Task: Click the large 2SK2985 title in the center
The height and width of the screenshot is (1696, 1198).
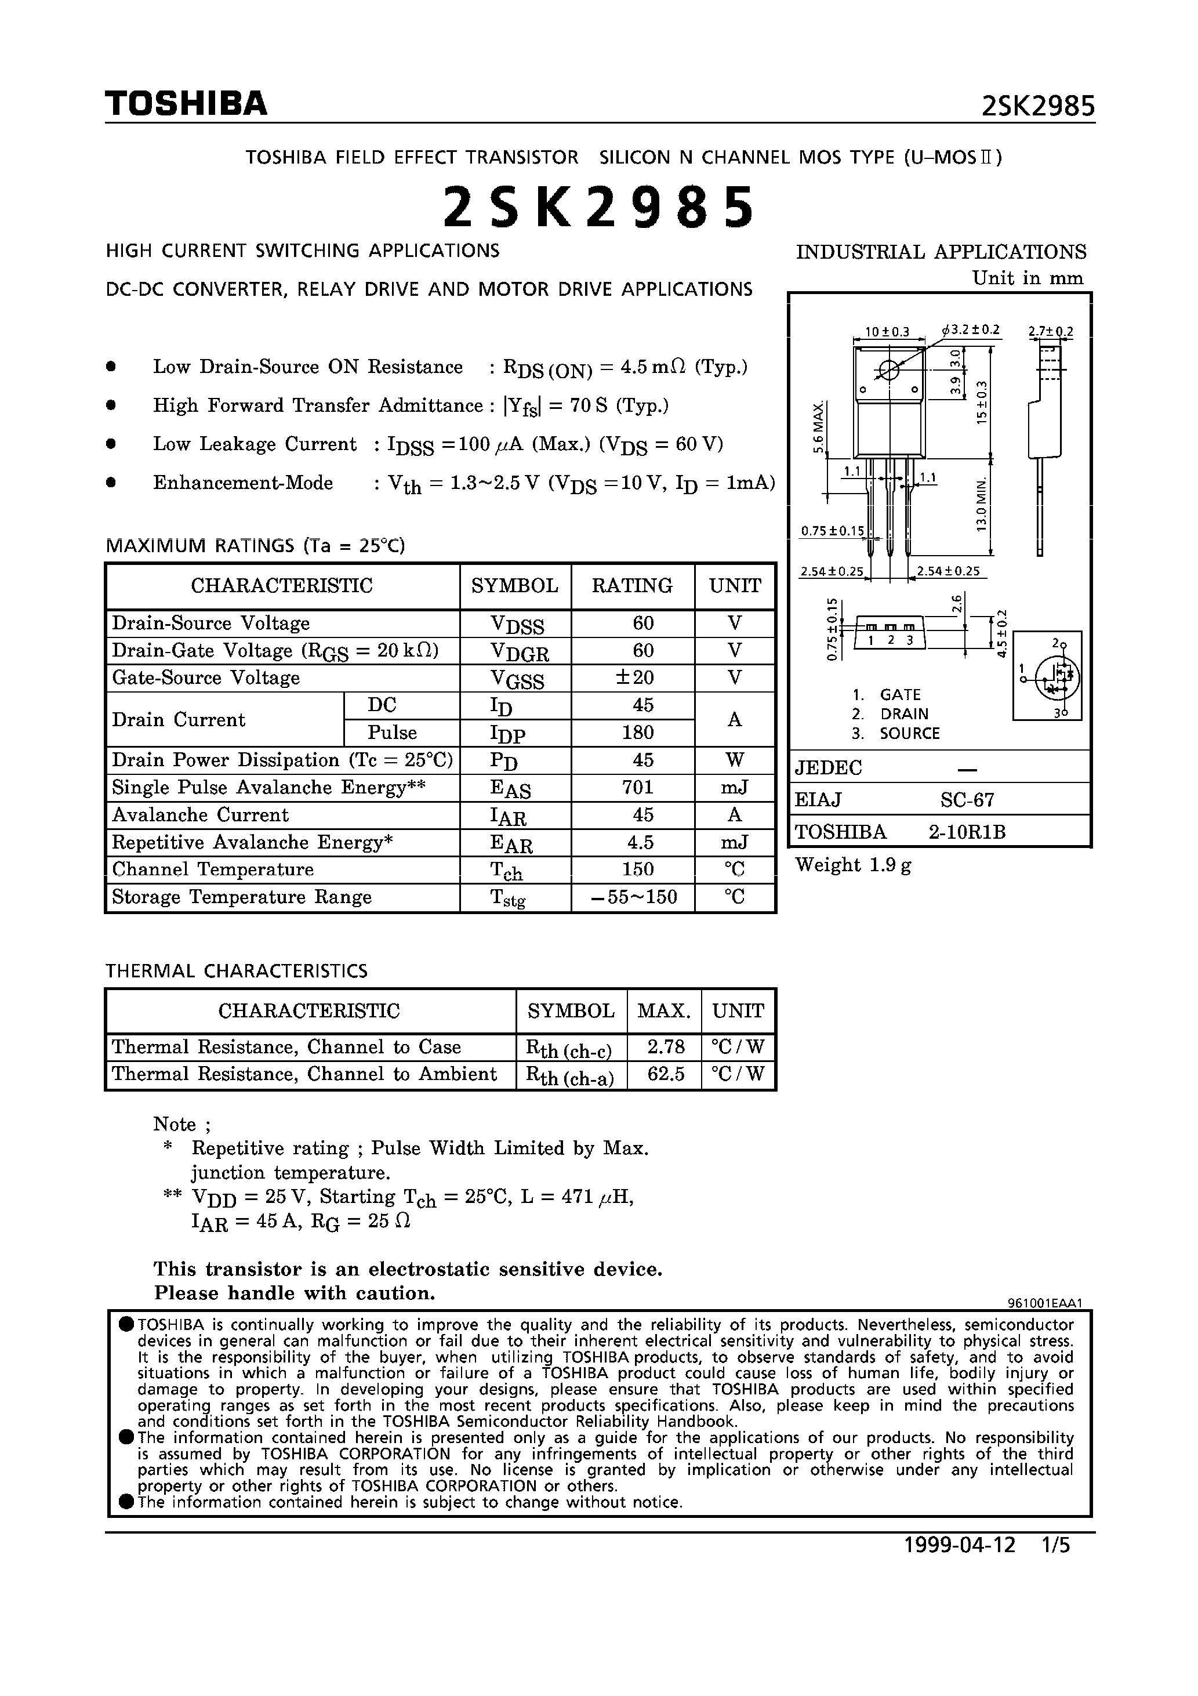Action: click(x=598, y=208)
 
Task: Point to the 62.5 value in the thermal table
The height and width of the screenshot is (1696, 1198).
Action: click(x=666, y=1074)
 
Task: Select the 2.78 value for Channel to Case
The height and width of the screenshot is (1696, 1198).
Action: click(x=666, y=1047)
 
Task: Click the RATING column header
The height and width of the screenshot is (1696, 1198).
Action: click(x=632, y=586)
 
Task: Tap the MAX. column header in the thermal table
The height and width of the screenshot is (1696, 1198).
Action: click(x=663, y=1010)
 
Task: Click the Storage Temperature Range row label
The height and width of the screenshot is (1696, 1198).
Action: click(x=242, y=897)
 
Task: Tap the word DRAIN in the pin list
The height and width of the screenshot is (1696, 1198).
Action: click(x=903, y=714)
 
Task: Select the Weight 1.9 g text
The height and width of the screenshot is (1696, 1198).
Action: click(x=853, y=865)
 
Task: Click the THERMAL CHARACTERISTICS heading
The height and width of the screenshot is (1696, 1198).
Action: click(x=237, y=970)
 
